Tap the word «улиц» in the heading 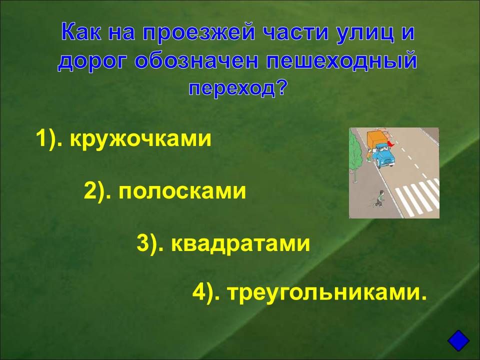(364, 32)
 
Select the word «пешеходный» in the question (341, 61)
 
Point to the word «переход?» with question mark (238, 88)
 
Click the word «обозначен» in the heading (196, 60)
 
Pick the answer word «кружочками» (140, 139)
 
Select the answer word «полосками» (182, 191)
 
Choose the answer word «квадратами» (240, 243)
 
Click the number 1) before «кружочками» (49, 139)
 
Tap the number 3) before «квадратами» (150, 243)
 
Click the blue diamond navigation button (458, 340)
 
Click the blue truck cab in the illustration (384, 155)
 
